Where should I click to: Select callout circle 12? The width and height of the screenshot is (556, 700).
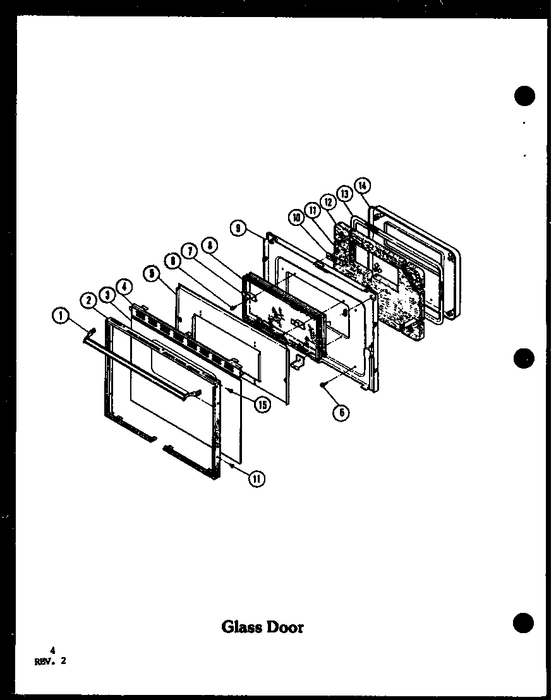pyautogui.click(x=328, y=202)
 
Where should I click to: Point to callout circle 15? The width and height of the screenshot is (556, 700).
pyautogui.click(x=261, y=405)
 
